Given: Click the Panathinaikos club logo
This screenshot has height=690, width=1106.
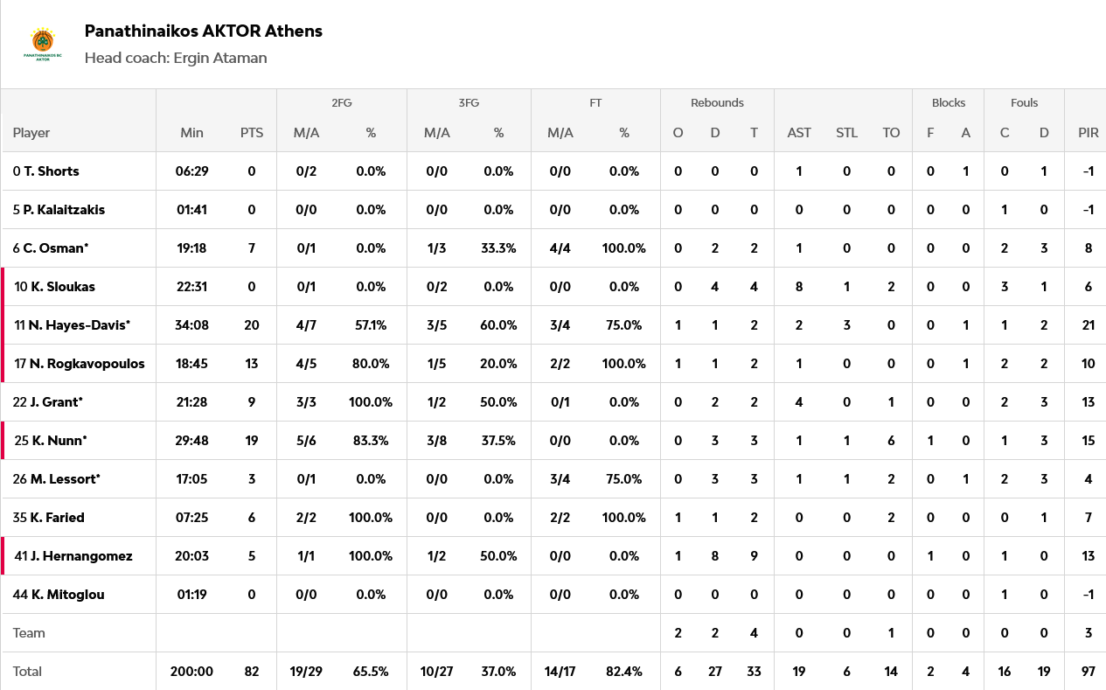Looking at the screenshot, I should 42,45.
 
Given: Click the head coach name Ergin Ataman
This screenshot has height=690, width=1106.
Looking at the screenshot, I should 220,58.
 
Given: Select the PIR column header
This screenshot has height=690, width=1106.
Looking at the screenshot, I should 1088,133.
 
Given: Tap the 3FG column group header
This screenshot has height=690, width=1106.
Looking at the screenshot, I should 469,102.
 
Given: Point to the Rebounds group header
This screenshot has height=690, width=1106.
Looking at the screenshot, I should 717,102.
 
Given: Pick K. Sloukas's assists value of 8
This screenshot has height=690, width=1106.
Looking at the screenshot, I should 799,287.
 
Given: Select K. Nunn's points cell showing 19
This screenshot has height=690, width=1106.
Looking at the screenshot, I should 252,441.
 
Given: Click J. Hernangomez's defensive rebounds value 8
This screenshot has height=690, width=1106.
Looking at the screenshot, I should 715,556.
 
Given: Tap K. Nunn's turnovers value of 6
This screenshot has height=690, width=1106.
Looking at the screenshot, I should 891,441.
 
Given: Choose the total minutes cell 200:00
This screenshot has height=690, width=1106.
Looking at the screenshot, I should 191,672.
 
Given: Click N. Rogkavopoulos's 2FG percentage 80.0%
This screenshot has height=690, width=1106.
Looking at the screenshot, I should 371,364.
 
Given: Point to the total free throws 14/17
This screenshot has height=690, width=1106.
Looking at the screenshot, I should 560,672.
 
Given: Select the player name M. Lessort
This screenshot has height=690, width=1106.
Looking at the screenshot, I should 65,479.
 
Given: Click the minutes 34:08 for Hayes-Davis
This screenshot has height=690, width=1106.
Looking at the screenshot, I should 191,325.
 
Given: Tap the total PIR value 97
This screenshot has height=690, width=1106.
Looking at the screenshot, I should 1088,672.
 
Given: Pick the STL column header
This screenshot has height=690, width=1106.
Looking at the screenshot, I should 846,133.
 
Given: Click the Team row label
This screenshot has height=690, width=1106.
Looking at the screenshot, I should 29,633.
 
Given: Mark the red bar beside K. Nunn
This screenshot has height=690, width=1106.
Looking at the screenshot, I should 3,441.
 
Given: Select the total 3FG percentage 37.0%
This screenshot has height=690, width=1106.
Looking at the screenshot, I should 498,672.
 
